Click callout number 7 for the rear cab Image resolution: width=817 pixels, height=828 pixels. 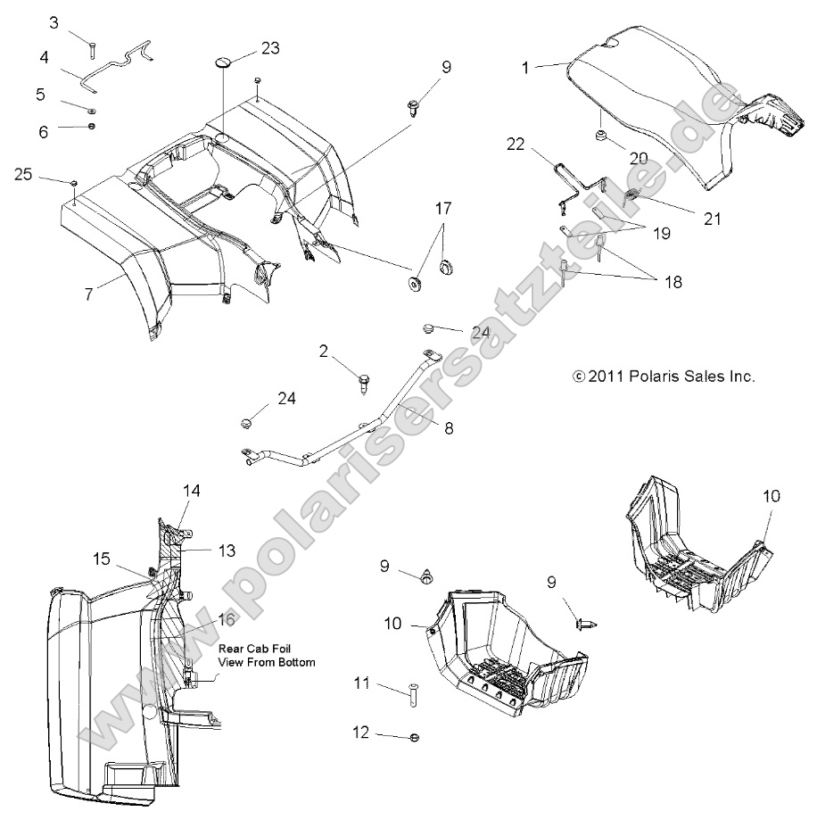pos(88,293)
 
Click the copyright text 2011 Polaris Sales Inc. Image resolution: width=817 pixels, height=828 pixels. pos(664,377)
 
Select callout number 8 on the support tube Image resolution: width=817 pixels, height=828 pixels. pos(449,428)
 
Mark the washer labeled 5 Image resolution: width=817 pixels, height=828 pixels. pos(93,110)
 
